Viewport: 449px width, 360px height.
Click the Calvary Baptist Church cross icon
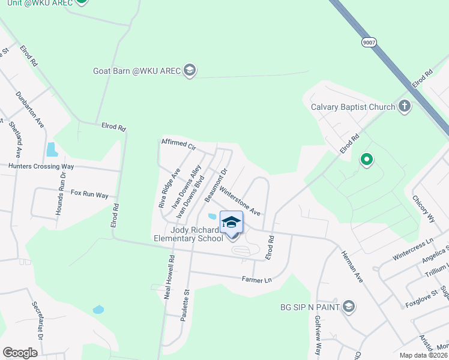pos(405,107)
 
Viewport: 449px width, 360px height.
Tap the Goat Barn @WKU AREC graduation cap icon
pos(190,70)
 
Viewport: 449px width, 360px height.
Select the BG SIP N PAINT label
pos(309,307)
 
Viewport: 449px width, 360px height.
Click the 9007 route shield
pos(368,42)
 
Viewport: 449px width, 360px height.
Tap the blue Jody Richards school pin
pos(232,223)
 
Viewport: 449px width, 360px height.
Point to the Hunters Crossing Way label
pos(41,166)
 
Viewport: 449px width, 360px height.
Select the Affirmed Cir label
pos(179,145)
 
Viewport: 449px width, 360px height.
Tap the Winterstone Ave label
pos(240,202)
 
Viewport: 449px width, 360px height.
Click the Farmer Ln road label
pos(257,280)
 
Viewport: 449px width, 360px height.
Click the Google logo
pos(20,353)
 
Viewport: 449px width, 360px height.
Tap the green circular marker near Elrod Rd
pos(366,160)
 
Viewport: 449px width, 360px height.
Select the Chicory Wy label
pos(423,209)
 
